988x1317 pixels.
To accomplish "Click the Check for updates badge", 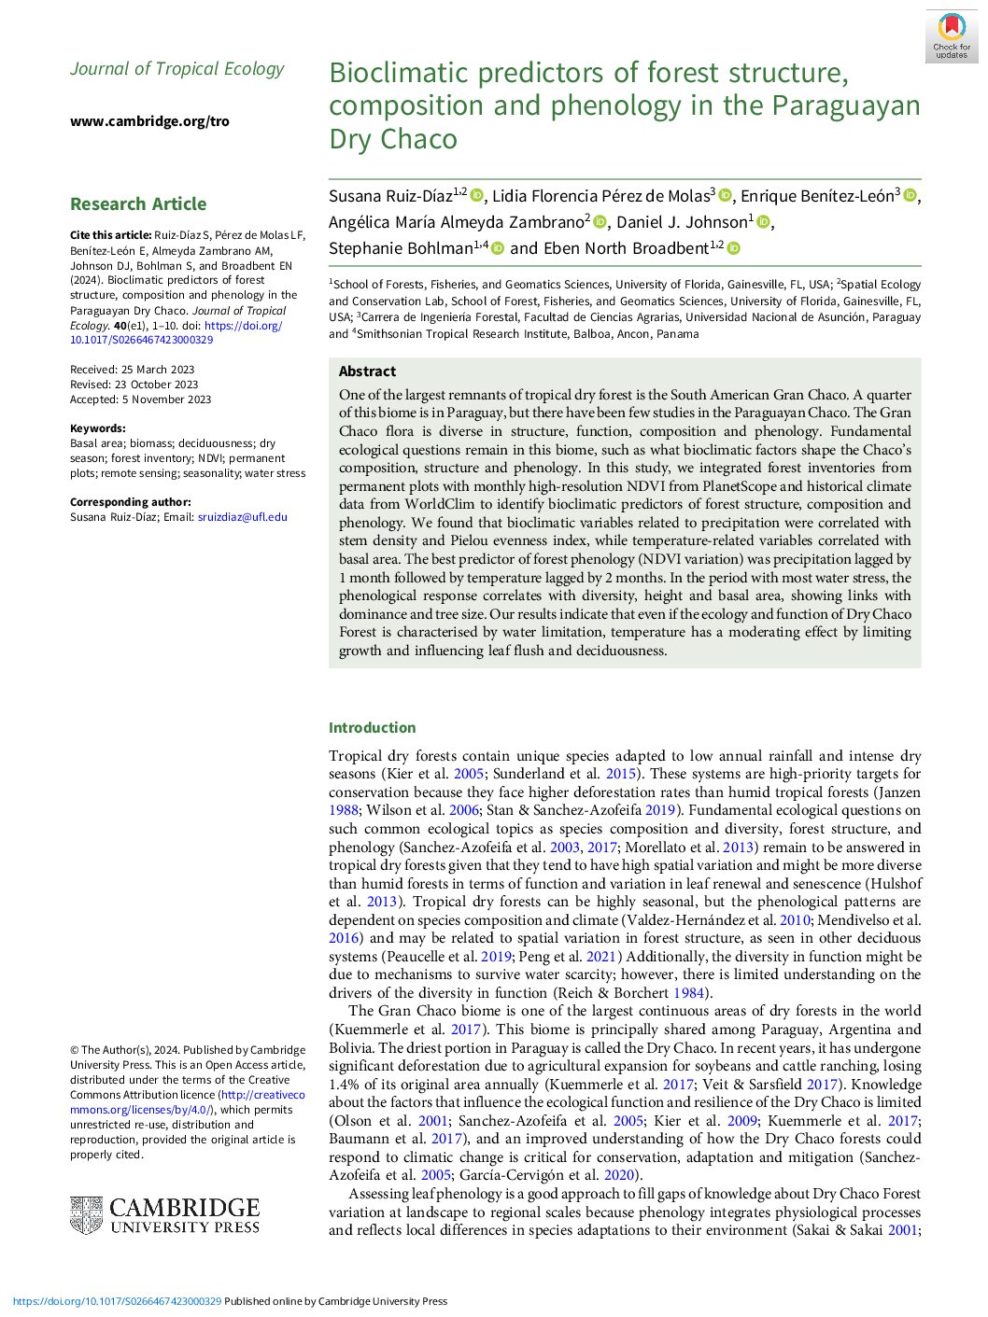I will tap(951, 36).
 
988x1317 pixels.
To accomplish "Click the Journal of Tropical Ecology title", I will tap(177, 69).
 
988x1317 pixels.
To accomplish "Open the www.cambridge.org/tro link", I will tap(149, 121).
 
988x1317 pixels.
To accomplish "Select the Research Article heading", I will tap(138, 204).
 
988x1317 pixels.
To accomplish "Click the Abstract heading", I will tap(367, 371).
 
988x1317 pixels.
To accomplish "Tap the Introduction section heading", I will tap(372, 728).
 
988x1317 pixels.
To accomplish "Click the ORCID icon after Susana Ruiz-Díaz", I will tap(476, 195).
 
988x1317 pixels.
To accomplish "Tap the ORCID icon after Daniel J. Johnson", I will tap(763, 222).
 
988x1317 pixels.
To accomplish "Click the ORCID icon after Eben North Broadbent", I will tap(733, 248).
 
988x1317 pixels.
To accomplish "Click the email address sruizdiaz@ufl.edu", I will tap(243, 517).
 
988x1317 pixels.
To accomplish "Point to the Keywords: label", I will tap(97, 428).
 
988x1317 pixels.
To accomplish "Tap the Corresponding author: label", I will tap(130, 502).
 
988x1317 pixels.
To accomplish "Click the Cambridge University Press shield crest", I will tap(86, 1215).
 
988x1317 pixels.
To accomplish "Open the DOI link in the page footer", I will tap(117, 1301).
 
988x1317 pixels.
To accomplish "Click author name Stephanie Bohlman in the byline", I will tap(402, 248).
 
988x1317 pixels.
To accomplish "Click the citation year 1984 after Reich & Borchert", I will tap(688, 993).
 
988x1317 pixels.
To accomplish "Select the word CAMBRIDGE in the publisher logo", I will tap(184, 1208).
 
